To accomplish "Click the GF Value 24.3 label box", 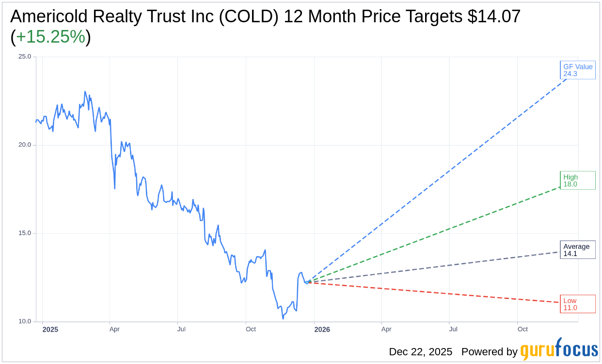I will (x=577, y=70).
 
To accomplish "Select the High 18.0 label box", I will (x=577, y=181).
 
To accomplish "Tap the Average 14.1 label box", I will (x=577, y=250).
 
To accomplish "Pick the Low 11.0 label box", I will (x=577, y=304).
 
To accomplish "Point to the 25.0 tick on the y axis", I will (x=24, y=57).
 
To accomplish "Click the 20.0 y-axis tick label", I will (x=24, y=145).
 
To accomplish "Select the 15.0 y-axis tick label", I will (x=24, y=233).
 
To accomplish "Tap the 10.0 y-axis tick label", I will (x=24, y=321).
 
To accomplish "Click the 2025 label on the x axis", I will (x=50, y=330).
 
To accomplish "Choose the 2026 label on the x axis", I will (x=322, y=330).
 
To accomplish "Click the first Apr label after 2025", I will (x=114, y=330).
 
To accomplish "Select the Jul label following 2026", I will (x=453, y=330).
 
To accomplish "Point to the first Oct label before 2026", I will (x=251, y=330).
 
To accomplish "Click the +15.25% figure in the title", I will (x=50, y=37).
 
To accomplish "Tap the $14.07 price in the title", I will (x=493, y=17).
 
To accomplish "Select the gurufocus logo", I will (x=559, y=350).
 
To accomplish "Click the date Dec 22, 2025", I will (x=420, y=352).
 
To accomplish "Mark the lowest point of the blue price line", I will (x=283, y=318).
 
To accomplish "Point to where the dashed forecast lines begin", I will (x=307, y=282).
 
